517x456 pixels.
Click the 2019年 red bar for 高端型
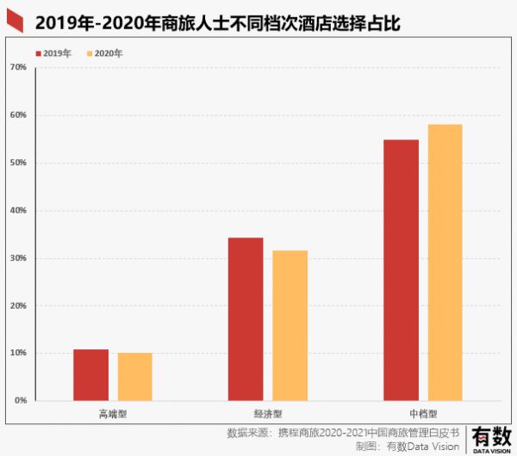point(90,375)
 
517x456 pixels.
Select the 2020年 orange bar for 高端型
point(135,377)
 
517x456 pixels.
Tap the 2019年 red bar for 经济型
point(246,319)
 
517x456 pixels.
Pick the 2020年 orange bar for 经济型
point(290,325)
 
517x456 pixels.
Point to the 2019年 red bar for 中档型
point(401,270)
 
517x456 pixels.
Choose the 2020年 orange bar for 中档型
point(445,262)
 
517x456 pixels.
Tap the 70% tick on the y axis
point(18,67)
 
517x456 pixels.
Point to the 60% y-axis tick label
point(18,115)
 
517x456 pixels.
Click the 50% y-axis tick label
point(18,163)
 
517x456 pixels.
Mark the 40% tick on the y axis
point(18,211)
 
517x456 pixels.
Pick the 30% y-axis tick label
point(18,258)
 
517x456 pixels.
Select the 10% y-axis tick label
point(18,354)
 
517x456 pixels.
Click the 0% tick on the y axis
point(21,401)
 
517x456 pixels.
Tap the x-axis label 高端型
point(113,413)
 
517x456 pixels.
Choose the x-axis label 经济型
point(268,413)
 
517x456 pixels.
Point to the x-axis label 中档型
point(422,413)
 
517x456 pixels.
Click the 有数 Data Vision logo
point(490,438)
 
